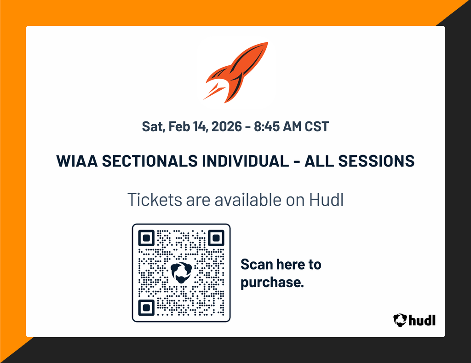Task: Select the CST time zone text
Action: [x=317, y=127]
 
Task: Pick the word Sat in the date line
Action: [x=151, y=127]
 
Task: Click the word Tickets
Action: [x=155, y=200]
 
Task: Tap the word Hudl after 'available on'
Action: [x=326, y=200]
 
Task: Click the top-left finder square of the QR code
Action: [x=146, y=238]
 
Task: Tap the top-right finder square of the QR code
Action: [x=215, y=238]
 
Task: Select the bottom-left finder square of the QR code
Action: [x=146, y=307]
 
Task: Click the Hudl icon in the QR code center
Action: [x=181, y=272]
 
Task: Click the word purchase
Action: [x=271, y=282]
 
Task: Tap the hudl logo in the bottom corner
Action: [x=414, y=319]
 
